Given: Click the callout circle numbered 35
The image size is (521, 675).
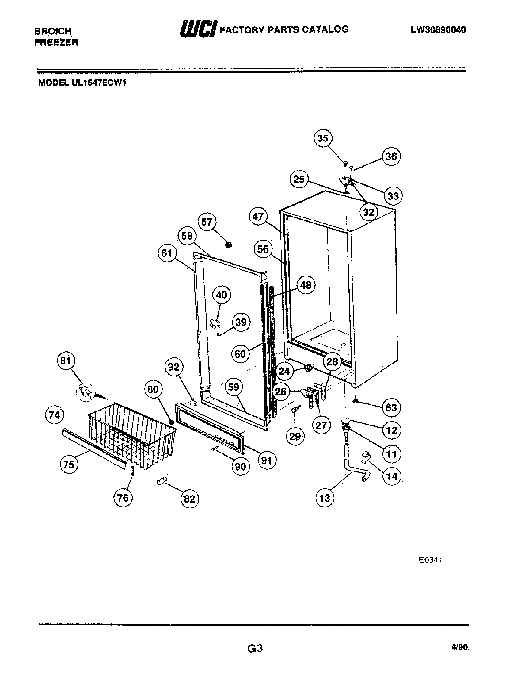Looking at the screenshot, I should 323,138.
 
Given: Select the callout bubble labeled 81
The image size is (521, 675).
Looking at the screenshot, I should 66,361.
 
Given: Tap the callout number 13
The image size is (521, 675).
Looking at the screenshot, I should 325,498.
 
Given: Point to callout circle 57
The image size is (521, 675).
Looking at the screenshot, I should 207,222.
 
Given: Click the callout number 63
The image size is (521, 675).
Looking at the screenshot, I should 391,407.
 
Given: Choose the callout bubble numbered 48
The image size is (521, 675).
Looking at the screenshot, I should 306,285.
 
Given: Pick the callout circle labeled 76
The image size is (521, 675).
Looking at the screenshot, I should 123,498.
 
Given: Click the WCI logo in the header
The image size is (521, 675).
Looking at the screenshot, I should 199,29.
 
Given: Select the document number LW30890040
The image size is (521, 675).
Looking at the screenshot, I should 438,30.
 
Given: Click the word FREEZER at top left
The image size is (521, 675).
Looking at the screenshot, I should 56,42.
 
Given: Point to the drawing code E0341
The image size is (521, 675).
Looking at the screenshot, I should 430,560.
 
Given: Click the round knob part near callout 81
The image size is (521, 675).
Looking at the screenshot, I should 85,392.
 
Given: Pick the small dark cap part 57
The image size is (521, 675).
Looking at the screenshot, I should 228,245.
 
